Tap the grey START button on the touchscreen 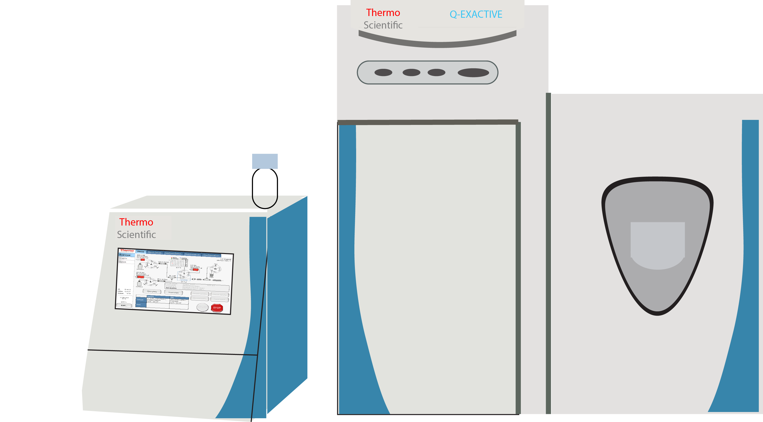point(203,307)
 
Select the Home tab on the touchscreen point(140,252)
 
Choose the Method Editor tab point(173,253)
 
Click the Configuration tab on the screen point(211,255)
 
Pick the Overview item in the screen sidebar point(125,255)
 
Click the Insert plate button point(174,292)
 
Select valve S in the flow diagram point(184,274)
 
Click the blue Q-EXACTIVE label point(476,14)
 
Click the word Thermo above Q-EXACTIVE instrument point(383,13)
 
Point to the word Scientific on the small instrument point(136,235)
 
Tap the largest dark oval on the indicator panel point(473,73)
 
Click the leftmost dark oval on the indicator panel point(383,72)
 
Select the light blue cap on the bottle point(265,161)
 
